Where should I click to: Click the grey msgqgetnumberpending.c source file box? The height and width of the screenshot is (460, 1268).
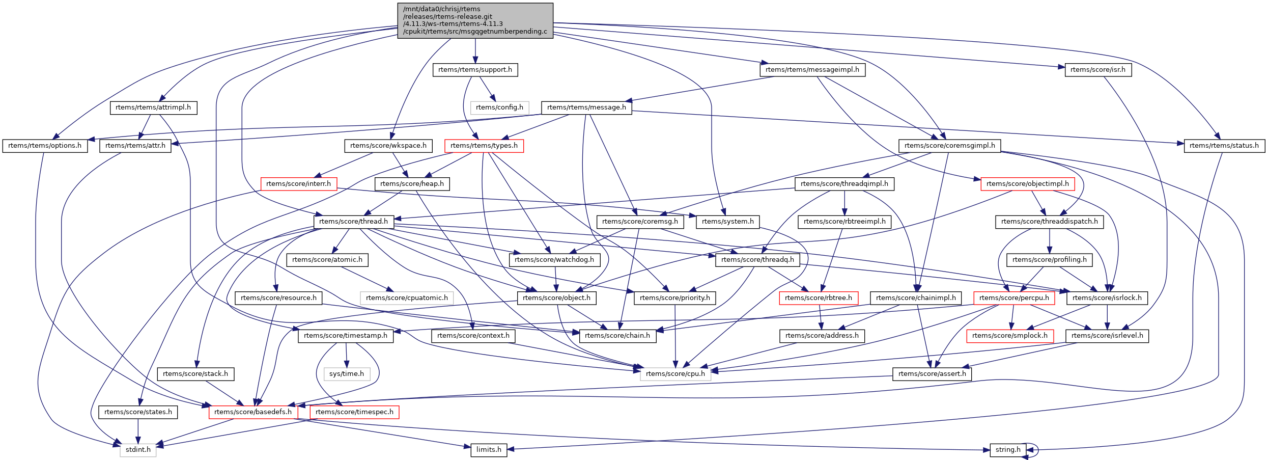[475, 20]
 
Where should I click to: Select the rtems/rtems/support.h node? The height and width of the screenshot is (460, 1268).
[475, 70]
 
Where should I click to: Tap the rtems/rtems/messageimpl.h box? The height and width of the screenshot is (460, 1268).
[812, 70]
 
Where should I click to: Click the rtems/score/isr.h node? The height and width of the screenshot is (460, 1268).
[1098, 70]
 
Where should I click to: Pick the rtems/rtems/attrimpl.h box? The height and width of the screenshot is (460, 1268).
[153, 107]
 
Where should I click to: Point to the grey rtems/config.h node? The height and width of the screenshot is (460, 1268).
[499, 107]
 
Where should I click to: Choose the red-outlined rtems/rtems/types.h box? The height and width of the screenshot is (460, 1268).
[484, 146]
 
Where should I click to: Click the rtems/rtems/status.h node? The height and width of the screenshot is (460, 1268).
[1224, 146]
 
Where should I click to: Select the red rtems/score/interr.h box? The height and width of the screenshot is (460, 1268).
[298, 184]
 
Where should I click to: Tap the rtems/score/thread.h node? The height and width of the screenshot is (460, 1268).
[353, 222]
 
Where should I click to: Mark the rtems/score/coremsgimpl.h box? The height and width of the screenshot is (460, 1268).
[950, 146]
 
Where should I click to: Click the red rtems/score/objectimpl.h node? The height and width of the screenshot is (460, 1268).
[1027, 184]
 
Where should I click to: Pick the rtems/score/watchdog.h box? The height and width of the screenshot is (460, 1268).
[554, 260]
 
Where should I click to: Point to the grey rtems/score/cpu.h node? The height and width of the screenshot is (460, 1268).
[675, 374]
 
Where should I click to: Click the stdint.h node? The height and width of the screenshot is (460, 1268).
[138, 450]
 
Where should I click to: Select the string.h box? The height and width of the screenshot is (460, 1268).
[1007, 450]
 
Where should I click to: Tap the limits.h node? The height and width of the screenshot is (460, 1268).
[489, 450]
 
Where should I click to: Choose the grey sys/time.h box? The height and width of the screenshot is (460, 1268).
[347, 374]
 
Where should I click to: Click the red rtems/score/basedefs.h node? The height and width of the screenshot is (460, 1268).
[253, 412]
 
